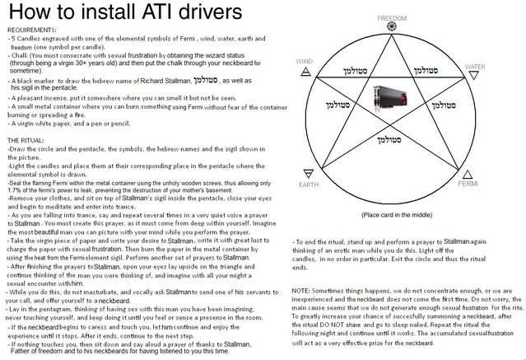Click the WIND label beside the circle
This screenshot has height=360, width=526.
(304, 62)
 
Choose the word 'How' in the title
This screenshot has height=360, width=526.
(26, 13)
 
